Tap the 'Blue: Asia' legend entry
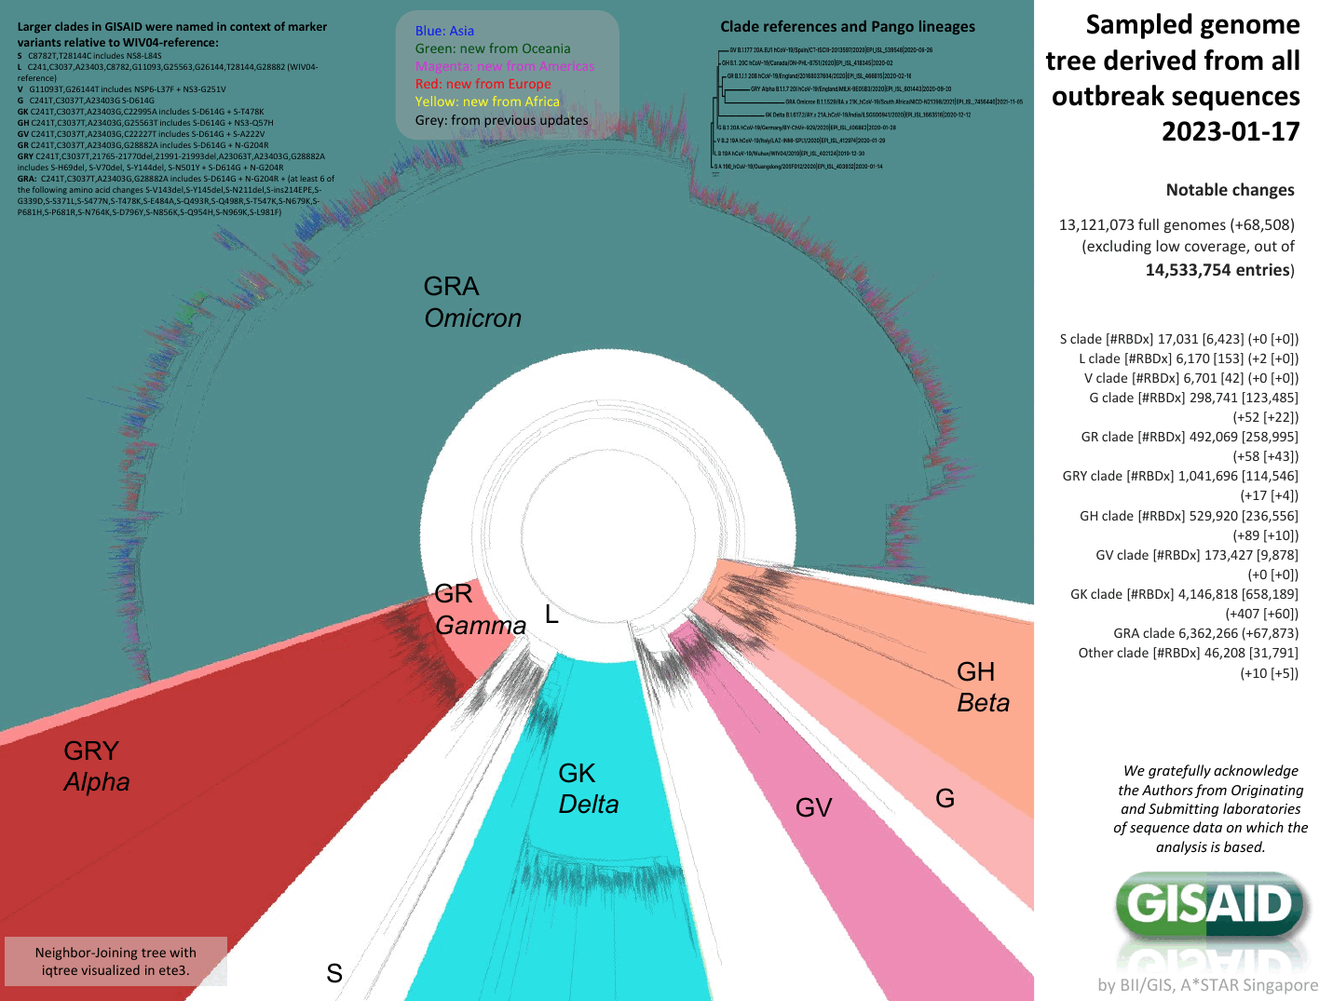tap(444, 31)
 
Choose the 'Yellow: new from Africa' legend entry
tap(487, 101)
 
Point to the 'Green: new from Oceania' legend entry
tap(493, 48)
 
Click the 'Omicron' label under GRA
tap(472, 318)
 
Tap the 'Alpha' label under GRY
tap(97, 782)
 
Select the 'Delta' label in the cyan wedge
tap(588, 805)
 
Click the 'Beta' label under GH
tap(983, 703)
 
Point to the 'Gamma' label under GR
tap(481, 626)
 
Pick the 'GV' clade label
tap(813, 807)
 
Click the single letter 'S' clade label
tap(334, 973)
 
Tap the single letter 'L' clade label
tap(551, 615)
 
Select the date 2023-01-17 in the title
tap(1230, 132)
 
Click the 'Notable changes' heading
tap(1230, 190)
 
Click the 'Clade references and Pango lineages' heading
tap(847, 26)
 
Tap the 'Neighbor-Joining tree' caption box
tap(116, 961)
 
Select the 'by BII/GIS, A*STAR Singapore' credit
tap(1207, 984)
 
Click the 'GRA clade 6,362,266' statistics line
tap(1204, 633)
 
